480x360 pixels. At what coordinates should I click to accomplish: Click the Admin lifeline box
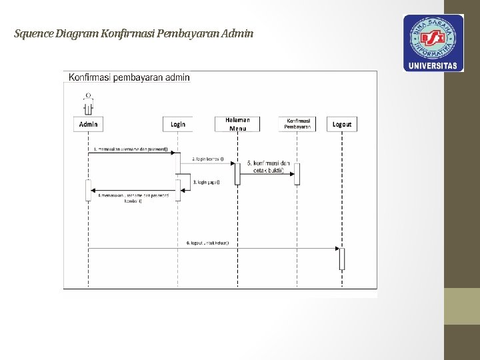click(x=89, y=124)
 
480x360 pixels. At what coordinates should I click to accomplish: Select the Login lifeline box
click(x=178, y=124)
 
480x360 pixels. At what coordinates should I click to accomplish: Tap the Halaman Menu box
click(x=237, y=124)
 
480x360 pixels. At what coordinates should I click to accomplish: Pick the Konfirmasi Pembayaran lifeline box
click(x=297, y=124)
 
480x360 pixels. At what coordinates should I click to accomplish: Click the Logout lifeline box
click(x=342, y=124)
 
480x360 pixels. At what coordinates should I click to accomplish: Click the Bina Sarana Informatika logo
click(x=433, y=37)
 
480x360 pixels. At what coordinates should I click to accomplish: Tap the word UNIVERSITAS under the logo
click(x=433, y=65)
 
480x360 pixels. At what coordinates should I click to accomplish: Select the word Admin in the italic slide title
click(x=239, y=33)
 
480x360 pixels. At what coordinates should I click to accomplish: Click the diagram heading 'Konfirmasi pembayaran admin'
click(x=129, y=77)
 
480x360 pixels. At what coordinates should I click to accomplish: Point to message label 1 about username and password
click(x=131, y=149)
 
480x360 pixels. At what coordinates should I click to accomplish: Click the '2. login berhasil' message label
click(x=208, y=159)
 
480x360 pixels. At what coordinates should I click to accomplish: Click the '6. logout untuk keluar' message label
click(x=207, y=243)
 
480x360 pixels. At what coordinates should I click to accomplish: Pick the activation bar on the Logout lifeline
click(x=342, y=259)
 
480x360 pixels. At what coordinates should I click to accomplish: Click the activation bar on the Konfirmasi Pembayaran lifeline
click(x=297, y=173)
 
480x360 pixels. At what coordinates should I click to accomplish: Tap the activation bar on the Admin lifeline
click(x=88, y=190)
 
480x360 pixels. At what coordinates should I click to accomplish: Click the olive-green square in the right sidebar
click(x=462, y=306)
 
